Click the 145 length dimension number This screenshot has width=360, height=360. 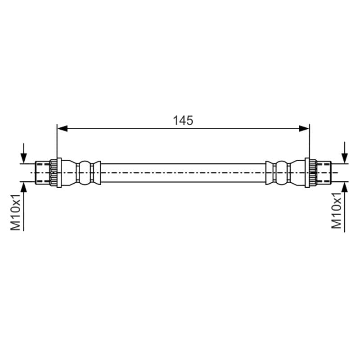[x=183, y=121]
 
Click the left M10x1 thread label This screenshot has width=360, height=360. [x=16, y=211]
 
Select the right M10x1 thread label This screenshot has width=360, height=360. [x=336, y=211]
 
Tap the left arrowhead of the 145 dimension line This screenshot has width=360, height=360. [x=62, y=129]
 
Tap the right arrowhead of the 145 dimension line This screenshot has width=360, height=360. [x=304, y=129]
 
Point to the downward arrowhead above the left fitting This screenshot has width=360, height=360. [x=24, y=158]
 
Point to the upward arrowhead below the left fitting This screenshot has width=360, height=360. [x=24, y=187]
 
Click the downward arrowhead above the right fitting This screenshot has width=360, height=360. [x=344, y=158]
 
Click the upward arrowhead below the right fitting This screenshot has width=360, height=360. [x=344, y=187]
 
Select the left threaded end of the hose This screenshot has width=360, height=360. [x=42, y=173]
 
